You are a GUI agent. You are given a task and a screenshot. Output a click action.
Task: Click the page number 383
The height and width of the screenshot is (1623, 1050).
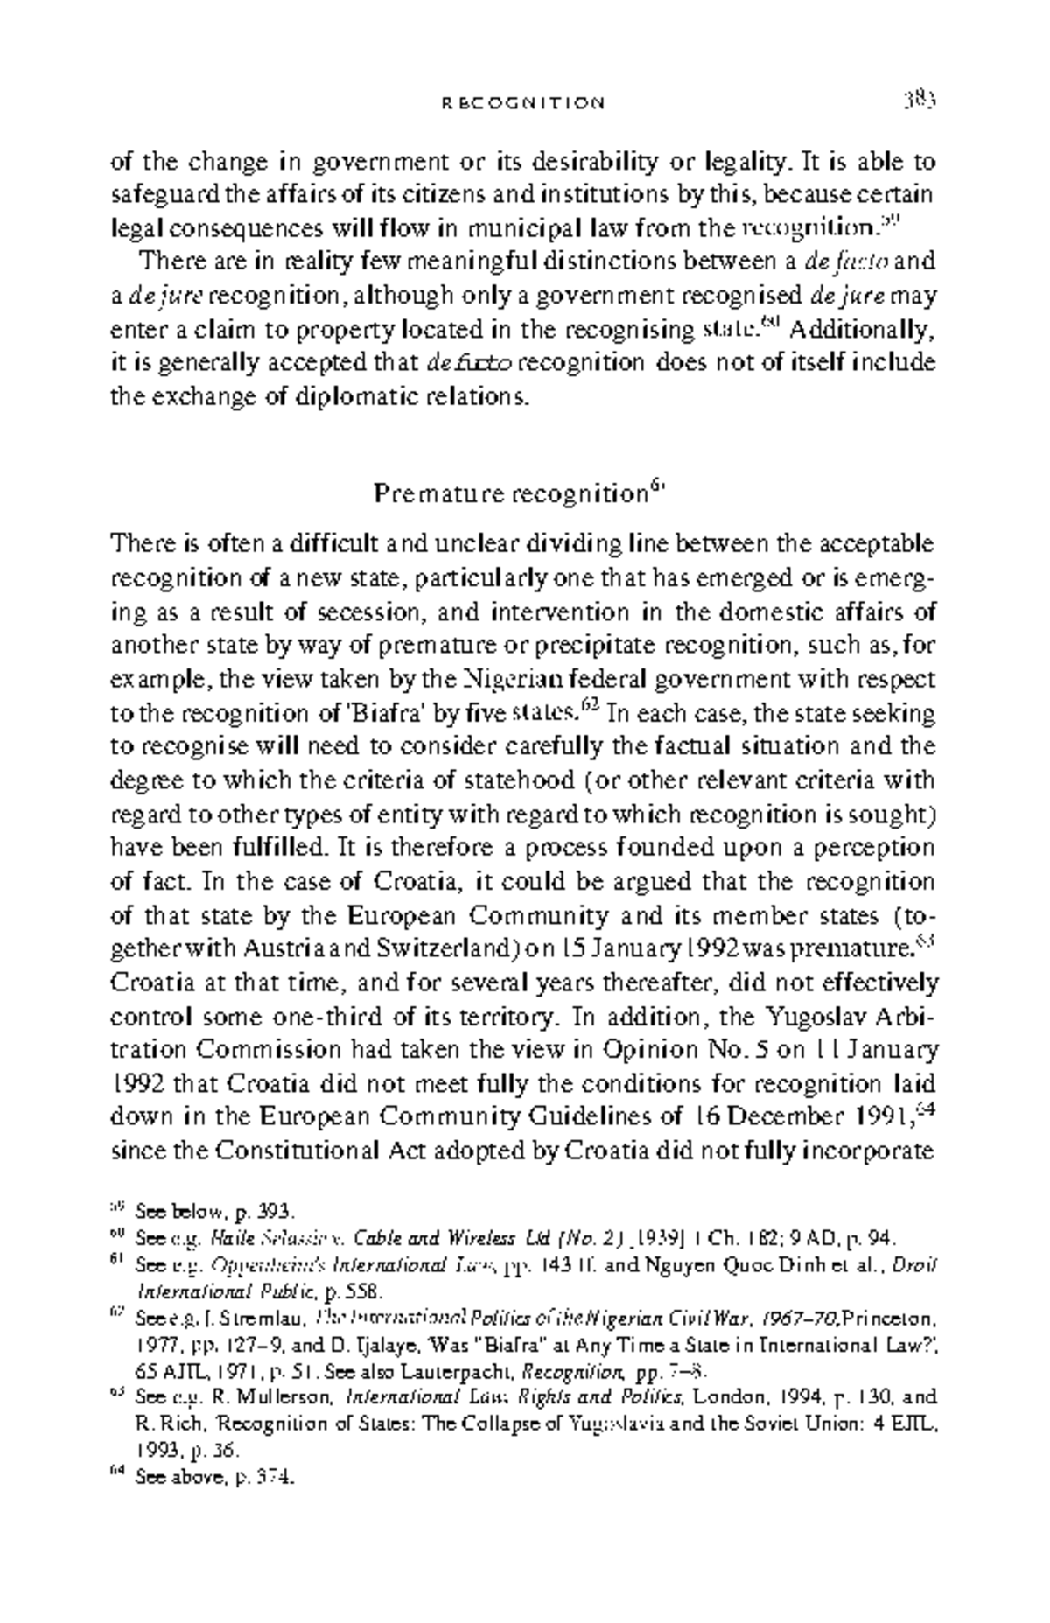click(x=920, y=101)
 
